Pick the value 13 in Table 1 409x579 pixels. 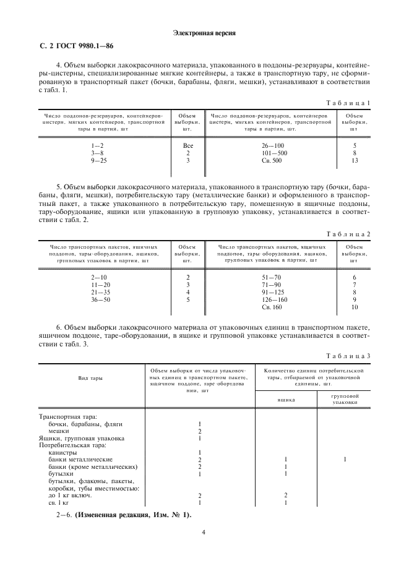354,160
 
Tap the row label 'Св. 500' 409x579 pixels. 272,160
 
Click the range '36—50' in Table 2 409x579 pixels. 100,299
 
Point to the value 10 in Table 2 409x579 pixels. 355,307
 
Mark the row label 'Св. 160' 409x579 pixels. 272,307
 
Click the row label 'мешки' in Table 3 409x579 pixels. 59,431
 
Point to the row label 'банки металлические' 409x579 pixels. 80,460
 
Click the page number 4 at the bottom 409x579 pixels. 204,531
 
